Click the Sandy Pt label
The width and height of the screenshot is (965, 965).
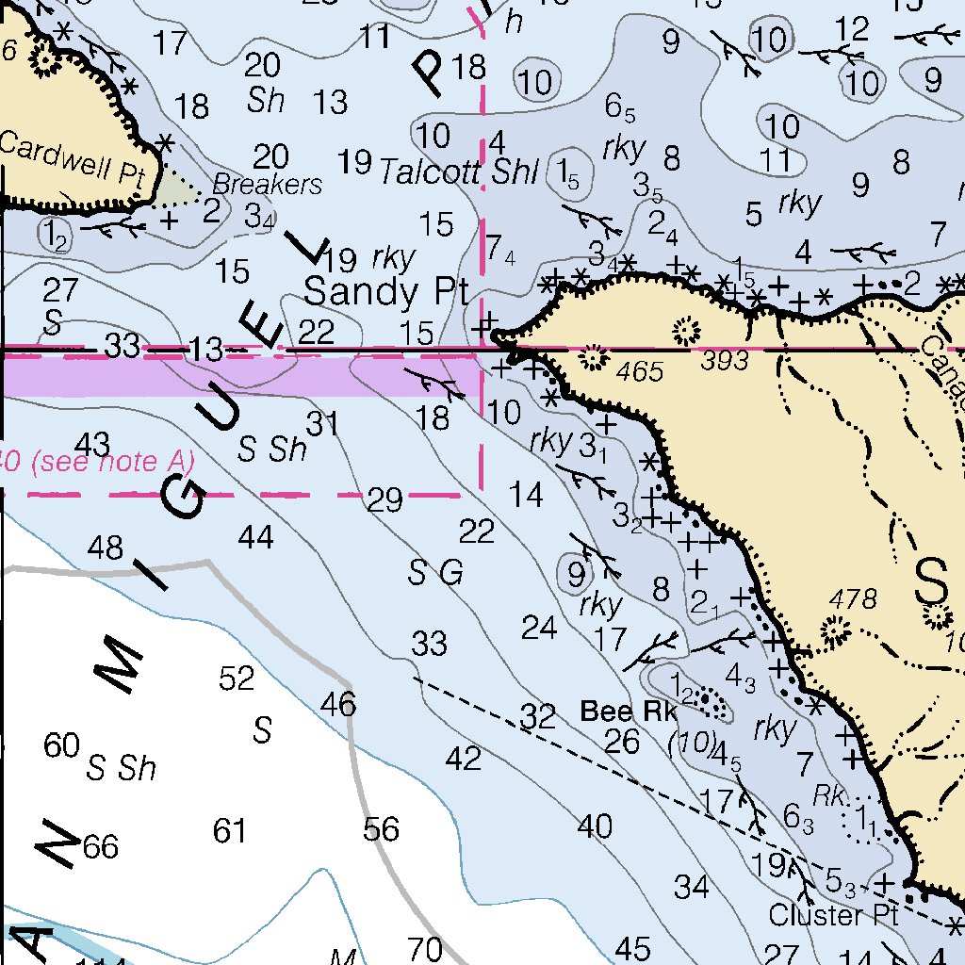coord(386,291)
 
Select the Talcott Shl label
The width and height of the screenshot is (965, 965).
coord(459,172)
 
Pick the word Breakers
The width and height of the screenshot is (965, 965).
coord(267,183)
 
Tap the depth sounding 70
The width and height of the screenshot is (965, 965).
coord(424,948)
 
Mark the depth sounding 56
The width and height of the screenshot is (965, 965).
coord(382,829)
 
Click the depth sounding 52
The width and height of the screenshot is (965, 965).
coord(237,678)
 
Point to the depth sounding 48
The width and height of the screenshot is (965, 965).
coord(105,547)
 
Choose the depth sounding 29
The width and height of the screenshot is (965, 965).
coord(384,499)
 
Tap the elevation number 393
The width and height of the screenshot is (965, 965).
coord(725,359)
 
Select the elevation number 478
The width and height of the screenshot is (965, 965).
coord(853,598)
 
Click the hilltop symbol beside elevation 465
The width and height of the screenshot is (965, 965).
coord(594,357)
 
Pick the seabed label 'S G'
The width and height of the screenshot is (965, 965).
coord(435,572)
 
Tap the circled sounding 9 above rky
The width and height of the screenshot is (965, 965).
coord(576,571)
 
